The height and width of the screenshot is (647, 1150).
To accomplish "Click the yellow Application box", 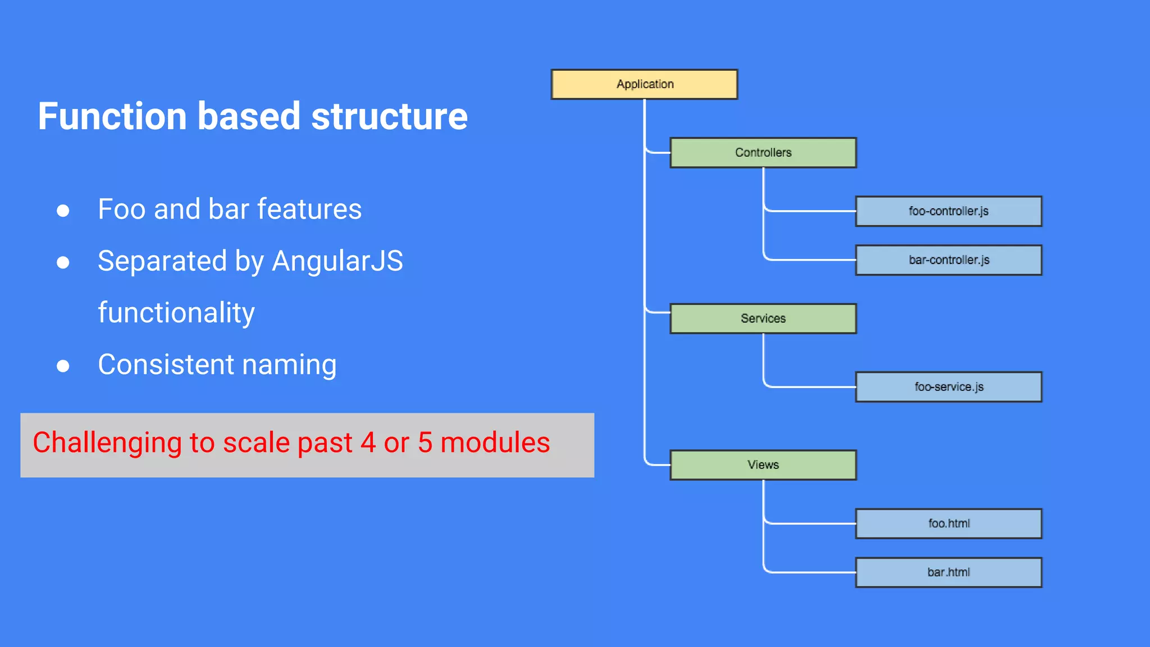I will [644, 84].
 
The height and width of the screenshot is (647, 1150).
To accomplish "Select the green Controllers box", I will [763, 153].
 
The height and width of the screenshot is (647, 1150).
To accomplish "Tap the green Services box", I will [763, 318].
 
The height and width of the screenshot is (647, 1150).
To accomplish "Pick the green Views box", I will [763, 465].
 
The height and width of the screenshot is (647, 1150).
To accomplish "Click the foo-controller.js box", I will [948, 211].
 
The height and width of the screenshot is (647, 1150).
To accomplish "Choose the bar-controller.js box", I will [948, 260].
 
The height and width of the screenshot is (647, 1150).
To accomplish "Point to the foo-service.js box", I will [948, 387].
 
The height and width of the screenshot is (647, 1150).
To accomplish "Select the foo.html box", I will [948, 523].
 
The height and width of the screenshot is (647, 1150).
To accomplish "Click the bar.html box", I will [948, 572].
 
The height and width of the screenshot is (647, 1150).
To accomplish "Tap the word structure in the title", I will [389, 116].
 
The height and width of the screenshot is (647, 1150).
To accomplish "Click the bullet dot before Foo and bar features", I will [63, 211].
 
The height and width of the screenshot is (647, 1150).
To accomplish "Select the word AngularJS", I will [337, 261].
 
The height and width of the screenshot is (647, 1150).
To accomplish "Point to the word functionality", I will [176, 313].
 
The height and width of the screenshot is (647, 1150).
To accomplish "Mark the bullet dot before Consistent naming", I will [63, 366].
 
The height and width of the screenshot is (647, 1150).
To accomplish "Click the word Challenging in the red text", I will [107, 443].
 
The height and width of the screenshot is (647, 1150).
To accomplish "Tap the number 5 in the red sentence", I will [425, 443].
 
